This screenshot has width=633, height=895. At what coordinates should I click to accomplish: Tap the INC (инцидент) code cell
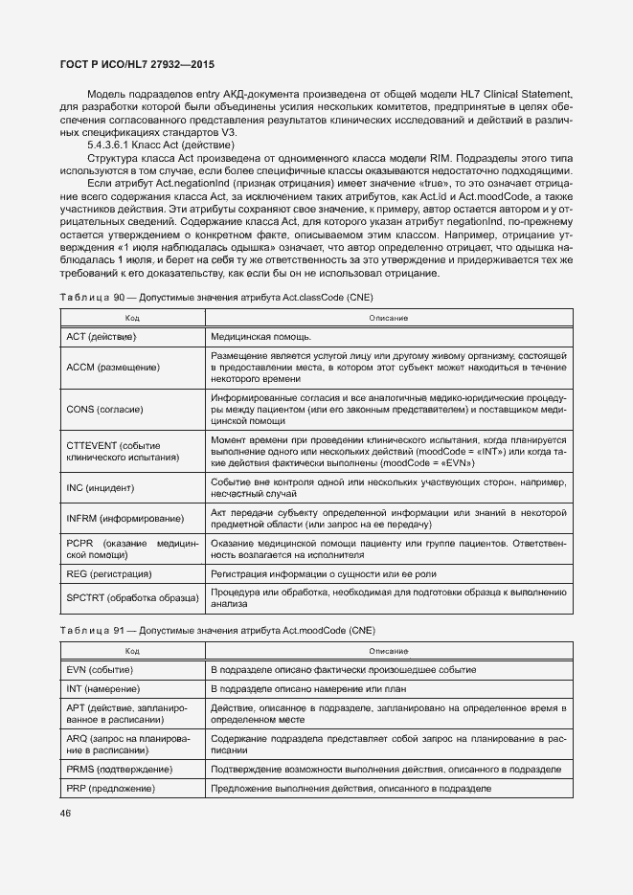click(x=102, y=488)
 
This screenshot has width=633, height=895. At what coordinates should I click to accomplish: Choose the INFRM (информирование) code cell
click(x=124, y=518)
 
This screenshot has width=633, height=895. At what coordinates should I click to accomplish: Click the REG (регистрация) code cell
click(x=109, y=573)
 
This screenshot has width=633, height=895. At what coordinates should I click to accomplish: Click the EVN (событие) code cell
click(x=101, y=669)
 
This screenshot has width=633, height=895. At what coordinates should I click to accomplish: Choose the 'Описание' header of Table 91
click(x=389, y=650)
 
